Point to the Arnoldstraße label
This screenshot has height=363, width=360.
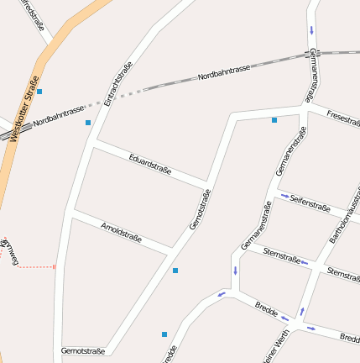(x=122, y=233)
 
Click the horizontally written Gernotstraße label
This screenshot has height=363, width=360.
(x=83, y=350)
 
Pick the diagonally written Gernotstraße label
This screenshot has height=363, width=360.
(x=200, y=209)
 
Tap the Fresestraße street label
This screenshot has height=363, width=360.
(x=342, y=118)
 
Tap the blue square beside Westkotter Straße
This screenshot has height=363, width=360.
(x=39, y=91)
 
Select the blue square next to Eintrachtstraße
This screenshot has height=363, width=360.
(x=87, y=123)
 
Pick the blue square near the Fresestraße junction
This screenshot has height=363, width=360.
(x=274, y=120)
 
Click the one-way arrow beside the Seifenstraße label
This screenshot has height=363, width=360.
(x=285, y=197)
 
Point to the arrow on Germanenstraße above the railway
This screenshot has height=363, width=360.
(x=313, y=31)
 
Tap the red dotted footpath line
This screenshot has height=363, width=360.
(x=35, y=266)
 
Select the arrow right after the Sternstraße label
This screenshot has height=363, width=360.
(x=305, y=263)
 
